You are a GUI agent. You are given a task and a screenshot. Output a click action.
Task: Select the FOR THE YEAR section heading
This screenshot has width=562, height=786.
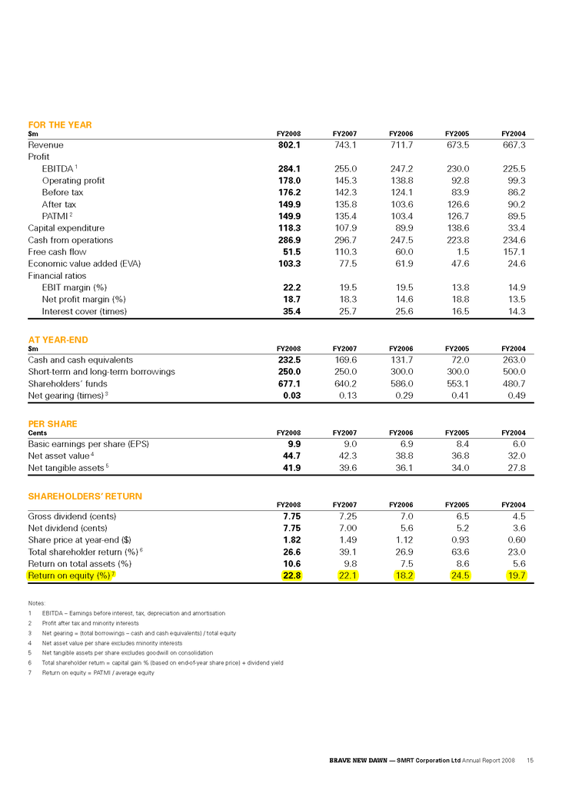pos(60,124)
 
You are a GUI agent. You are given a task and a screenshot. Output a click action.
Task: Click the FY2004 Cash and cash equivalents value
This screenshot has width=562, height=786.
pos(512,360)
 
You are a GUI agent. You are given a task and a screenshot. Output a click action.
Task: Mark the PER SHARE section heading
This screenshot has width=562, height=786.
pos(52,423)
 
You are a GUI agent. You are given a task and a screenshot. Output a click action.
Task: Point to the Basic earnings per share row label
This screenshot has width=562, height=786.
pos(88,443)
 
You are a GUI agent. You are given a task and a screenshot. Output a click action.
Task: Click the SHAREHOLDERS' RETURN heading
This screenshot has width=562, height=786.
pos(85,496)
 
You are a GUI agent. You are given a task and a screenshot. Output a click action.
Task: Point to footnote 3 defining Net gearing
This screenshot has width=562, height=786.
pos(138,633)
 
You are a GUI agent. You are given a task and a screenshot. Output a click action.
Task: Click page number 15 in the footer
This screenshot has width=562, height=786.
pos(530,760)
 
